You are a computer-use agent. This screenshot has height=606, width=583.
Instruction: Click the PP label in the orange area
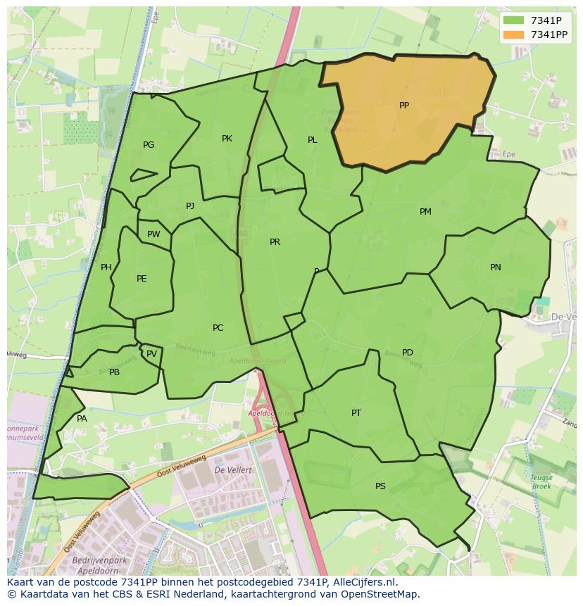click(403, 106)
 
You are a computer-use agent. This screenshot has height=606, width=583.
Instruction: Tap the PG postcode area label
click(149, 145)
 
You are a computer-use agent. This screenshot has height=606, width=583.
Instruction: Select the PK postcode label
click(227, 139)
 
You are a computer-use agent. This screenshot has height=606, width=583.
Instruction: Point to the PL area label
click(312, 140)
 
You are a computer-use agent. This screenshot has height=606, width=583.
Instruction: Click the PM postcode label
click(425, 212)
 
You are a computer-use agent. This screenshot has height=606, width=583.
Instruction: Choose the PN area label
click(496, 267)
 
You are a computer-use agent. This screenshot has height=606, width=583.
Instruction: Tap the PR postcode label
click(275, 242)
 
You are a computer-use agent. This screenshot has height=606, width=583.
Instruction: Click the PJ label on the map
click(190, 206)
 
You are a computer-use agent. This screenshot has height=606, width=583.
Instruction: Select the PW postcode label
click(153, 234)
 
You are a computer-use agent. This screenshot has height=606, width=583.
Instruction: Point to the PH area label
click(106, 267)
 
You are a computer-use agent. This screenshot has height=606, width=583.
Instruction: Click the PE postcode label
click(142, 279)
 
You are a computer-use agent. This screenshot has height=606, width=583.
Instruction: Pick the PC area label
click(218, 328)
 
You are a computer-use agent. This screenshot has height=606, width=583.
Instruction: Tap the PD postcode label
click(408, 353)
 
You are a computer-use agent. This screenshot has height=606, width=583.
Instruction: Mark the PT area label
click(356, 413)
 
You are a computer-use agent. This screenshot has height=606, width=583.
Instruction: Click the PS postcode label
click(380, 486)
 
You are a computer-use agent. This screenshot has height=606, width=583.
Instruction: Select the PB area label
click(114, 372)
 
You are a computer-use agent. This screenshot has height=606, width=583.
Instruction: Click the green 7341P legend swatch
click(514, 20)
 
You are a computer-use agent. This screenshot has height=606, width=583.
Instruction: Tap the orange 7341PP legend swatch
click(514, 34)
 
